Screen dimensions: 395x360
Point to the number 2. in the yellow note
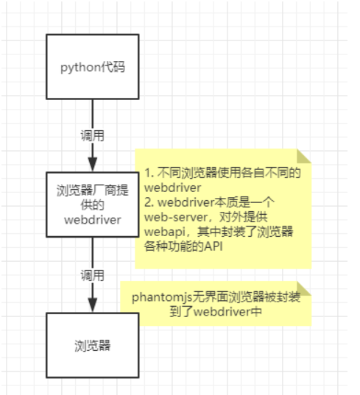pos(148,204)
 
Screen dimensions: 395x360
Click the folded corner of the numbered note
pos(304,156)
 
